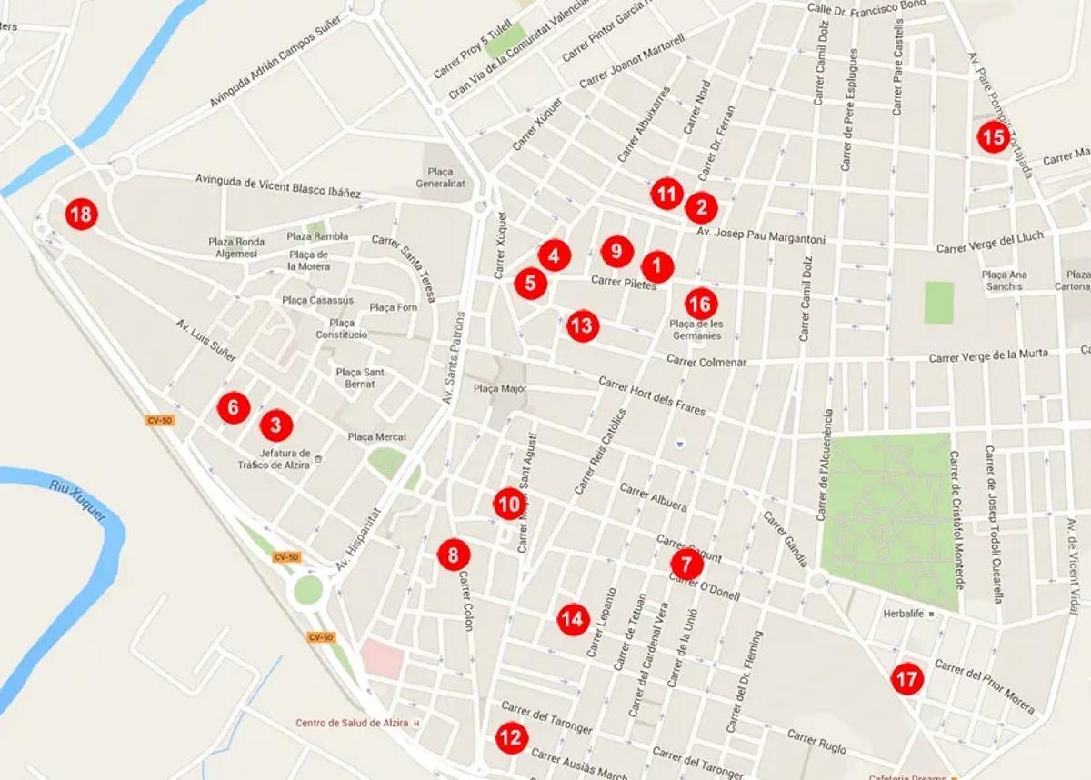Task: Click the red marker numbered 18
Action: (81, 215)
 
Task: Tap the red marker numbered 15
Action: (993, 137)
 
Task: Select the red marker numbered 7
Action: (686, 565)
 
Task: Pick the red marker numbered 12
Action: (511, 737)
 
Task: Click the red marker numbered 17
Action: (906, 678)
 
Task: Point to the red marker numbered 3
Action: (276, 424)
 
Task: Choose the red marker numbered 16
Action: (700, 304)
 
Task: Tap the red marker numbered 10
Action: (509, 504)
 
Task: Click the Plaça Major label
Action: (500, 388)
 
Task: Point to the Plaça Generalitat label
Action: (440, 177)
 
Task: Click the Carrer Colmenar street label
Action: (706, 362)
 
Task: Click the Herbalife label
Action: (903, 614)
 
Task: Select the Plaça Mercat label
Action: (377, 437)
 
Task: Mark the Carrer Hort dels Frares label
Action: (652, 396)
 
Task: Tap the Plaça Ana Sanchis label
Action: (1004, 281)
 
